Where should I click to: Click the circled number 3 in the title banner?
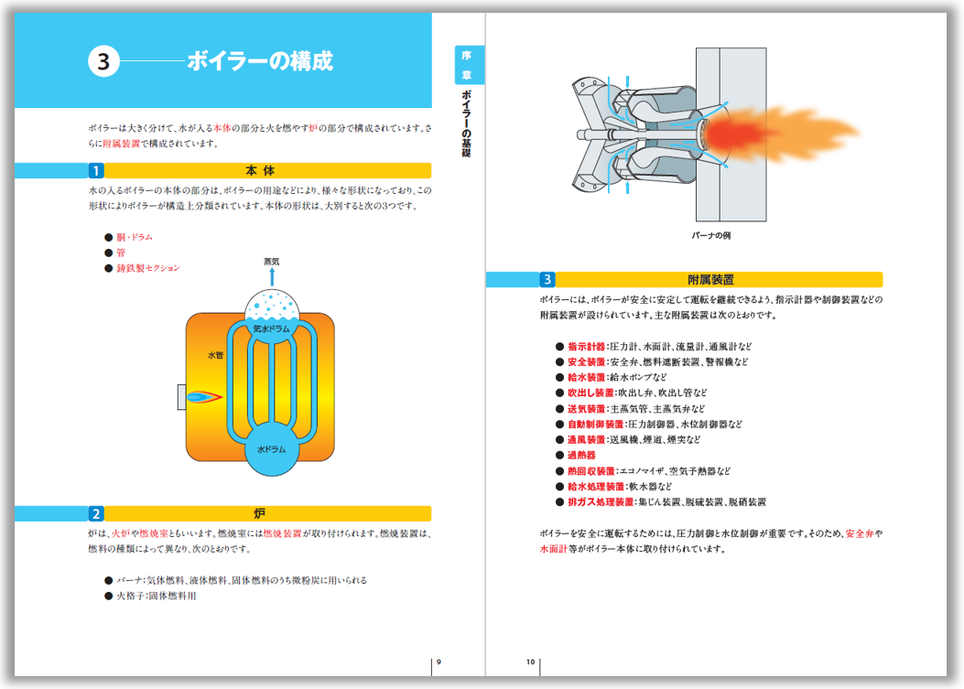pyautogui.click(x=103, y=61)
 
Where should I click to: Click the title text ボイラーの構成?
pyautogui.click(x=259, y=61)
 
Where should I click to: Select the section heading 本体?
pyautogui.click(x=260, y=170)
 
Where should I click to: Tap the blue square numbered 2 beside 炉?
pyautogui.click(x=96, y=513)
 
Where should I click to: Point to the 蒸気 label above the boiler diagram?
pyautogui.click(x=271, y=261)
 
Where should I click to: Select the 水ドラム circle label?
pyautogui.click(x=272, y=449)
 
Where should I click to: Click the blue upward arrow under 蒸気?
pyautogui.click(x=271, y=276)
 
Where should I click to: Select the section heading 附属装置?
pyautogui.click(x=710, y=279)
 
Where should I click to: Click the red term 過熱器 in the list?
pyautogui.click(x=581, y=455)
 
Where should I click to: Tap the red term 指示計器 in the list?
pyautogui.click(x=586, y=347)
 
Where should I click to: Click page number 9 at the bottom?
pyautogui.click(x=438, y=662)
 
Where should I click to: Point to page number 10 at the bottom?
pyautogui.click(x=530, y=662)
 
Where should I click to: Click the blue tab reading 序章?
pyautogui.click(x=469, y=64)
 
